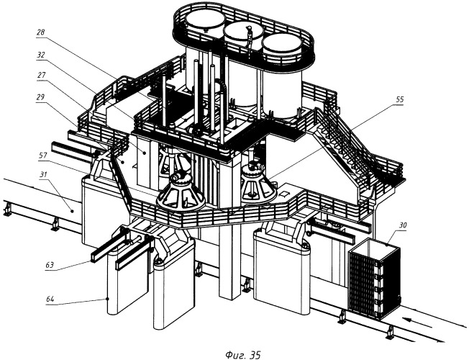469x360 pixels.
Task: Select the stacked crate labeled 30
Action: (x=375, y=277)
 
